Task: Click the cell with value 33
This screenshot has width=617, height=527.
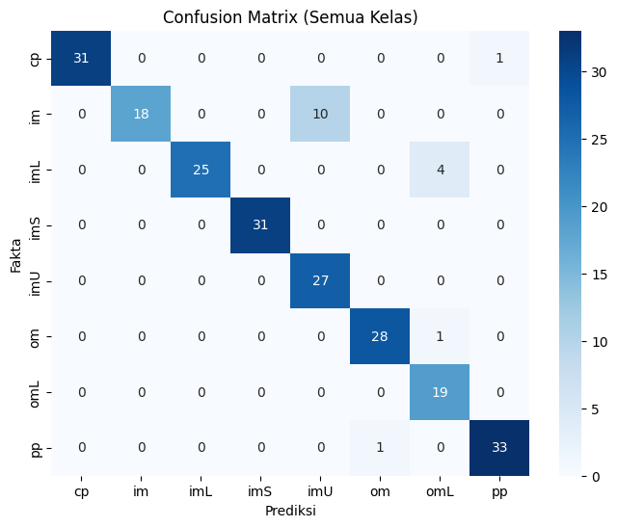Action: point(499,448)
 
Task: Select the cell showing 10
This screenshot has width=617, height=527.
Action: point(320,114)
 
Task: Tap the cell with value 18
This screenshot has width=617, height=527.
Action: point(141,114)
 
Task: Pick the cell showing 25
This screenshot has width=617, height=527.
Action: point(201,170)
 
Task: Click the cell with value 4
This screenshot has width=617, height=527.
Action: point(440,170)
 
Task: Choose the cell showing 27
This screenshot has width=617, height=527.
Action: point(320,280)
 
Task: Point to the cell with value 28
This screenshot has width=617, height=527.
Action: point(380,336)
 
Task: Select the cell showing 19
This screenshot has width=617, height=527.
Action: point(440,392)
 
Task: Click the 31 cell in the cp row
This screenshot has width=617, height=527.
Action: point(81,58)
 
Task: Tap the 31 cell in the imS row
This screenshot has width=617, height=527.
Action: point(260,224)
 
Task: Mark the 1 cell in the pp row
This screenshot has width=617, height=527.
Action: point(380,448)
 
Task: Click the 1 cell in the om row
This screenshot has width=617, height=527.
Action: point(440,336)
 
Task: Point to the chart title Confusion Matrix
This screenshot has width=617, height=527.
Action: point(290,17)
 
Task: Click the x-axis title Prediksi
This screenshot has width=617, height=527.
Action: point(290,511)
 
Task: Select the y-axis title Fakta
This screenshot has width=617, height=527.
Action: point(15,255)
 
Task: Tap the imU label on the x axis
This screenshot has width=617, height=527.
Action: point(320,491)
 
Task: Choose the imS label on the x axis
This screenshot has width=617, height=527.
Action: point(260,491)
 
